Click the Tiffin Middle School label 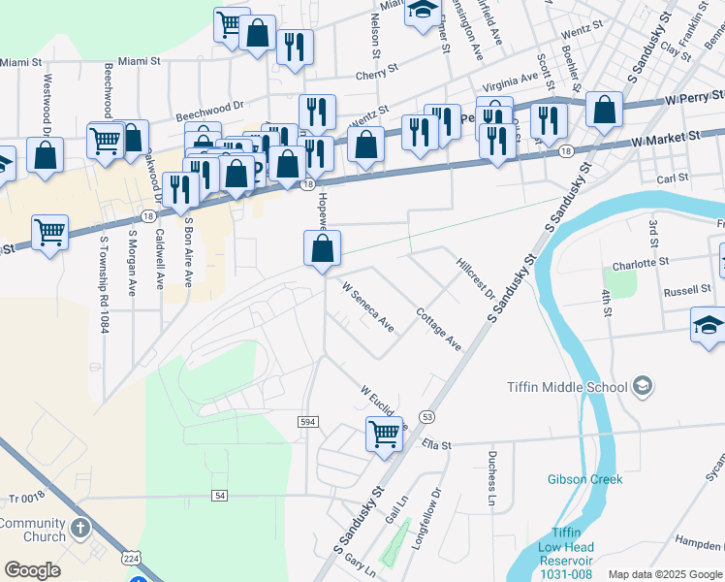pyautogui.click(x=567, y=387)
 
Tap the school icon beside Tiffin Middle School pyautogui.click(x=642, y=387)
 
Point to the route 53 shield pyautogui.click(x=427, y=416)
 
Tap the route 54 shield pyautogui.click(x=220, y=496)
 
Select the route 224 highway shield pyautogui.click(x=132, y=558)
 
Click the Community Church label pyautogui.click(x=32, y=530)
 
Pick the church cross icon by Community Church pyautogui.click(x=80, y=530)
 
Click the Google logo pyautogui.click(x=32, y=569)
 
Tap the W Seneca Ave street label pyautogui.click(x=368, y=307)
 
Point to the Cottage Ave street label pyautogui.click(x=438, y=330)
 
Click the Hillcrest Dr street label pyautogui.click(x=476, y=277)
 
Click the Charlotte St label pyautogui.click(x=641, y=263)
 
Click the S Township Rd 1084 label pyautogui.click(x=102, y=282)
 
